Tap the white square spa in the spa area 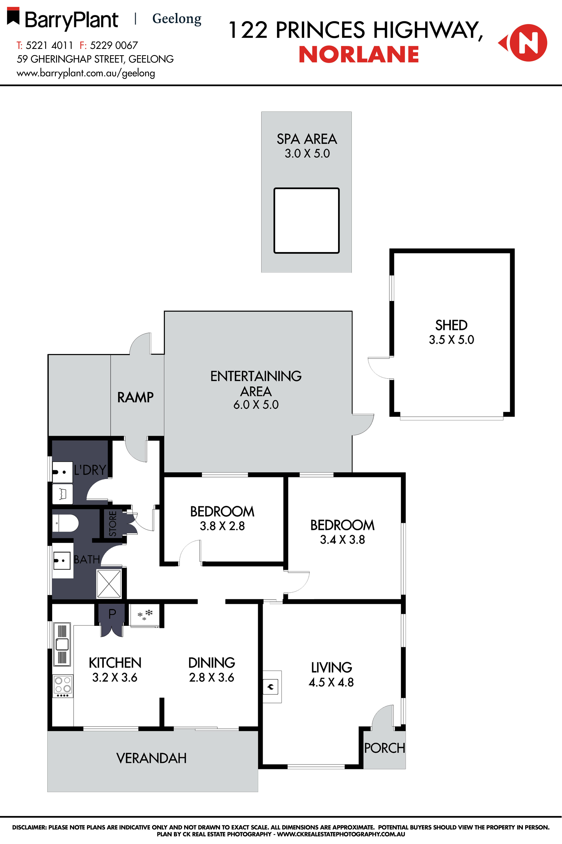click(307, 221)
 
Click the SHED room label click(451, 325)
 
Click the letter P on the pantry click(112, 613)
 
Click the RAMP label click(135, 397)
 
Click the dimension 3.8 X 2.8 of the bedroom click(222, 526)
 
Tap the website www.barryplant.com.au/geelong click(86, 73)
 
